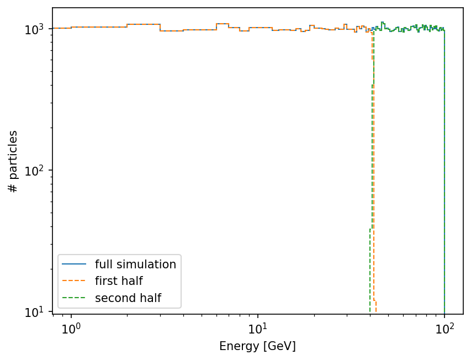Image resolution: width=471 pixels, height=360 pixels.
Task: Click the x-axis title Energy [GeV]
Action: coord(257,346)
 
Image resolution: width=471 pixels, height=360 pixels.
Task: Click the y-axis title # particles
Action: coord(13,161)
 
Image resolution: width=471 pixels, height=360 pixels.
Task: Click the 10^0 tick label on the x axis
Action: coord(71,328)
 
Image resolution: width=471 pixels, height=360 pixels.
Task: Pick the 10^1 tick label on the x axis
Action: coord(258,328)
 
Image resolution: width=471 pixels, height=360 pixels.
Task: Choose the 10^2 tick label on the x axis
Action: coord(444,328)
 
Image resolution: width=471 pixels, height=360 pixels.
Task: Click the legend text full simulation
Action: coord(135,264)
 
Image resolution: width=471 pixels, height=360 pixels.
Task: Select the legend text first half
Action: coord(119,281)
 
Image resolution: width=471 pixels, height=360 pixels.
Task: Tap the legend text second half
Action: coord(128,298)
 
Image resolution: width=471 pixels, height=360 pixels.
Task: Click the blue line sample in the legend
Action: coord(74,264)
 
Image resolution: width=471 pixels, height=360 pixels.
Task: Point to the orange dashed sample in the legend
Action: coord(74,281)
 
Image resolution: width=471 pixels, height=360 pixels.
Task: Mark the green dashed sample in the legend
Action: coord(74,298)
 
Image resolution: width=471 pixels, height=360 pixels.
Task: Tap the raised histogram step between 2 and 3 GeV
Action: coord(144,24)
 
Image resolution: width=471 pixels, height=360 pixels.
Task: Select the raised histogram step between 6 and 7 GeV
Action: coord(223,23)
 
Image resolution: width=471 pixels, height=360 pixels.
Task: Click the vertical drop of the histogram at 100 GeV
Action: coord(444,171)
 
